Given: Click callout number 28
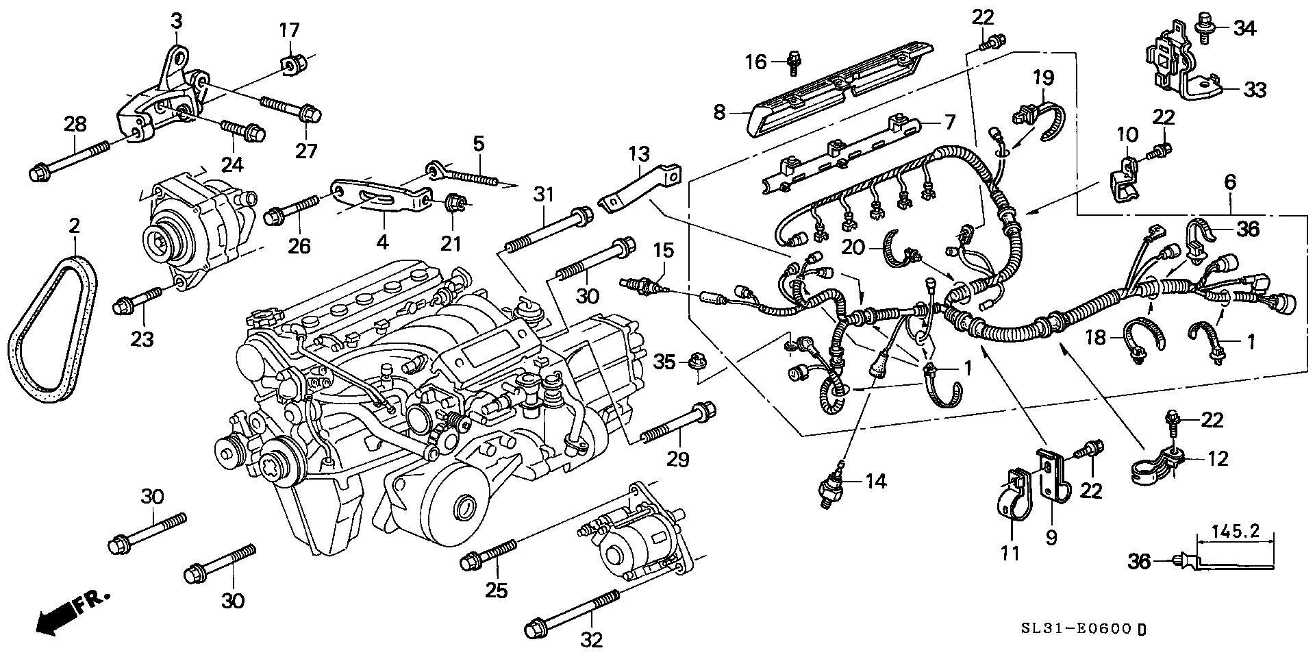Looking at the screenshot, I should pyautogui.click(x=76, y=125).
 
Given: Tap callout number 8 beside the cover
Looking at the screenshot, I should pyautogui.click(x=719, y=111).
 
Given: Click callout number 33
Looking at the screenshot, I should pyautogui.click(x=1255, y=90).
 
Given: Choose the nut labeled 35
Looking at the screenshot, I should pyautogui.click(x=697, y=360).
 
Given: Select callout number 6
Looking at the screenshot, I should pyautogui.click(x=1230, y=182).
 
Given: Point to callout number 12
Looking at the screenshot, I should pyautogui.click(x=1218, y=458).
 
